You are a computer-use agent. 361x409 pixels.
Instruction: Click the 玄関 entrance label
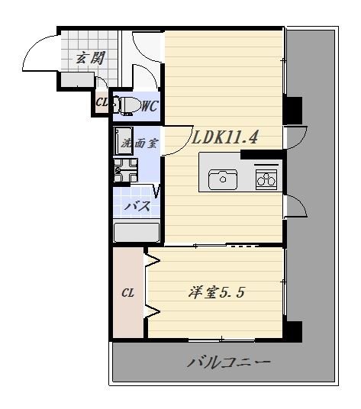click(x=89, y=57)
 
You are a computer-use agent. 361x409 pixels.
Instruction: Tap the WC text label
click(x=149, y=106)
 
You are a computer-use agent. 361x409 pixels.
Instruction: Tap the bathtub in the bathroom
click(x=137, y=231)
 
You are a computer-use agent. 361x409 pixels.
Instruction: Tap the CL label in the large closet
click(x=128, y=291)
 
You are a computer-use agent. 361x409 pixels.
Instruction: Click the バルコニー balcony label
click(x=228, y=362)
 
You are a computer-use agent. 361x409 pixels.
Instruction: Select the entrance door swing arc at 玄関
click(x=38, y=55)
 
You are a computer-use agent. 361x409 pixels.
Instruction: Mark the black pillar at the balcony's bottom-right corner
click(x=293, y=331)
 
